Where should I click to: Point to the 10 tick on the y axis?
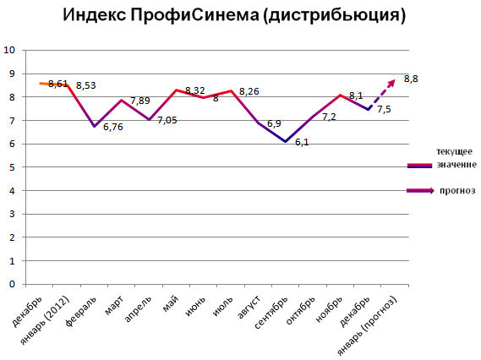click(9, 50)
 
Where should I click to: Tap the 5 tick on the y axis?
click(11, 167)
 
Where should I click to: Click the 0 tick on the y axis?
click(11, 285)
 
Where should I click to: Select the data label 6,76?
click(113, 128)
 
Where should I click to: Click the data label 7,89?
click(140, 101)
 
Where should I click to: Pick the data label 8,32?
click(194, 90)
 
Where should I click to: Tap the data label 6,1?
click(300, 142)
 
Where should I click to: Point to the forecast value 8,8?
click(411, 79)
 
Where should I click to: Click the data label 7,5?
click(383, 110)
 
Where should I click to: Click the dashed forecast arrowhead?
click(391, 80)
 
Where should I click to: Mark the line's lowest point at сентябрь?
click(285, 141)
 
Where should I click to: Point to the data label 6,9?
click(274, 123)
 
